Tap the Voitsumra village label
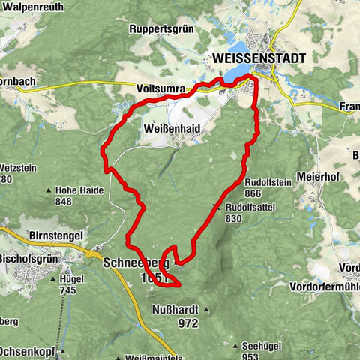pyautogui.click(x=160, y=88)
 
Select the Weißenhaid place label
pyautogui.click(x=170, y=129)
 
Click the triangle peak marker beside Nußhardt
pyautogui.click(x=205, y=308)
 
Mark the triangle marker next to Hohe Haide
pyautogui.click(x=50, y=190)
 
